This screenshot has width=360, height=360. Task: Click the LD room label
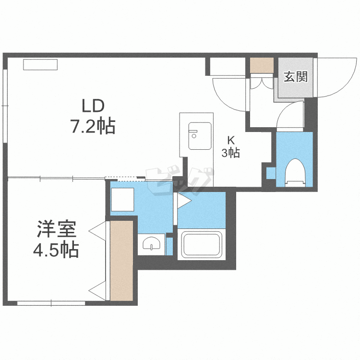tap(93, 106)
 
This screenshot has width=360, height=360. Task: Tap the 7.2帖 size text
tap(93, 126)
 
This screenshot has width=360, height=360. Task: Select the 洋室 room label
tap(57, 229)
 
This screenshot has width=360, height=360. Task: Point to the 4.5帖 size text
tap(56, 249)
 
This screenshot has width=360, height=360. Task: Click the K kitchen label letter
tap(231, 140)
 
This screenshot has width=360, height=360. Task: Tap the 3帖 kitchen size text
tap(231, 153)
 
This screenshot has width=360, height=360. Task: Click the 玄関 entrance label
tap(296, 77)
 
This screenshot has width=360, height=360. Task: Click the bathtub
tap(202, 245)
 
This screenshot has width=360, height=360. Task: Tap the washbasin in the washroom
tap(151, 243)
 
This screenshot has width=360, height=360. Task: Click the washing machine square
tap(122, 199)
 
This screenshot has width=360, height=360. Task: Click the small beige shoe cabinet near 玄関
tap(262, 65)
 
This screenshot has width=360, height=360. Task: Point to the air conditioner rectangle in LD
tap(40, 64)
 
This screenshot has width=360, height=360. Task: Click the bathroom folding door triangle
tap(184, 201)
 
